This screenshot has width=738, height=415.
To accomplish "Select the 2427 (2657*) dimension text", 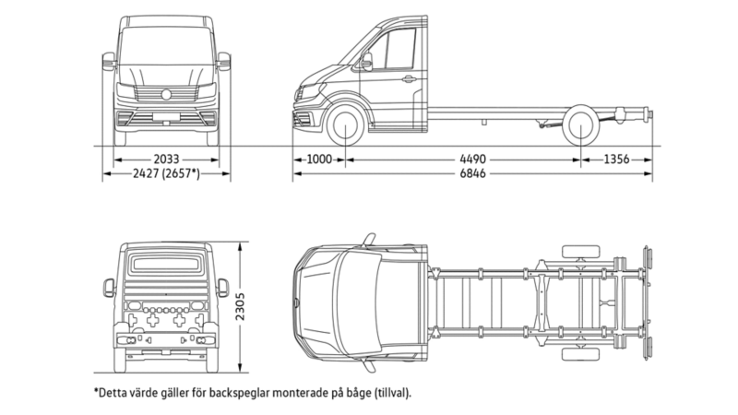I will click(165, 173).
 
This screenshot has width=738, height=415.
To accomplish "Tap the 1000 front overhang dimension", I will click(318, 160).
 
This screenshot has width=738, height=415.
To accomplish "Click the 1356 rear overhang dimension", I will click(616, 160).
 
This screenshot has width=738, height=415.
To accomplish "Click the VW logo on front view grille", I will click(166, 93).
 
